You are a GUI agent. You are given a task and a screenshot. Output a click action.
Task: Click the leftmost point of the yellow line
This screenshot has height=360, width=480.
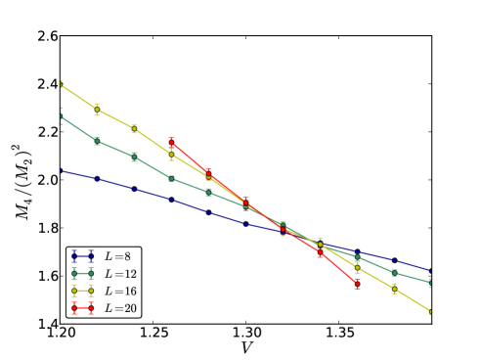tap(61, 85)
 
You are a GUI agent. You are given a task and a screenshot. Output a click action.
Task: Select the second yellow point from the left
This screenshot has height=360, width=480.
tap(97, 109)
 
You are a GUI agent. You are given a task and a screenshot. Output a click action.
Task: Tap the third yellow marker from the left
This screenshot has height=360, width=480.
tap(134, 129)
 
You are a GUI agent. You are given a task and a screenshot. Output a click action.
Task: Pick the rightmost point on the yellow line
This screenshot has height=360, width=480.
tap(431, 312)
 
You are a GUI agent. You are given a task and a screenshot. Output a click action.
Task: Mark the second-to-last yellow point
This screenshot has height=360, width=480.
tap(394, 289)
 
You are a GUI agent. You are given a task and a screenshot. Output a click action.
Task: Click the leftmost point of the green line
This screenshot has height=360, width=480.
tap(61, 116)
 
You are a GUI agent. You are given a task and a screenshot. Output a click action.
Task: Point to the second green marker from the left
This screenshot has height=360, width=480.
tap(97, 142)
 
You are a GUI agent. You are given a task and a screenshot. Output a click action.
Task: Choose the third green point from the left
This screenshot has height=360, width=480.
tap(134, 157)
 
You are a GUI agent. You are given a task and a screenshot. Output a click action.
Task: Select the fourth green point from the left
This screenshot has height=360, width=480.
tap(171, 179)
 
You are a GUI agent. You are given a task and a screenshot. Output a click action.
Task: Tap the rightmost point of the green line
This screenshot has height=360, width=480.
tap(431, 283)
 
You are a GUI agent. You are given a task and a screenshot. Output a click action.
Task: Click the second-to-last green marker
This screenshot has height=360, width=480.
tap(394, 273)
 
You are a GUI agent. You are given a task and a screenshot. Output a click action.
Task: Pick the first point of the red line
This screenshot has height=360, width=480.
tap(171, 143)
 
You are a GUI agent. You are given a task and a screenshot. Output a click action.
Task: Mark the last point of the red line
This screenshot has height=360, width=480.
tap(357, 283)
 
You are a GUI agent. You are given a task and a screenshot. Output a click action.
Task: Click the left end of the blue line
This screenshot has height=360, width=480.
tap(61, 170)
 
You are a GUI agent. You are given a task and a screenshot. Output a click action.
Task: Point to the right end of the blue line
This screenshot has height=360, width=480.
tap(431, 270)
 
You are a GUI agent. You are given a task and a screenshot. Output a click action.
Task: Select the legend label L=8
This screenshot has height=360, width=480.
tap(117, 257)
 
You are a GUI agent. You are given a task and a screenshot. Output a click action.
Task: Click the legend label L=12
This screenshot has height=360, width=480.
tap(120, 274)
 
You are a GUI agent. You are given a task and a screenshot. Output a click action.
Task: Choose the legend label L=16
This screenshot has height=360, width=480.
tap(120, 292)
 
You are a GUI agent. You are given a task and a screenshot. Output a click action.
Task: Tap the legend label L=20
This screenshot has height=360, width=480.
tap(120, 308)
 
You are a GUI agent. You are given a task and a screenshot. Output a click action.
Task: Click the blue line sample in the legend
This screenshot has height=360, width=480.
tap(82, 257)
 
